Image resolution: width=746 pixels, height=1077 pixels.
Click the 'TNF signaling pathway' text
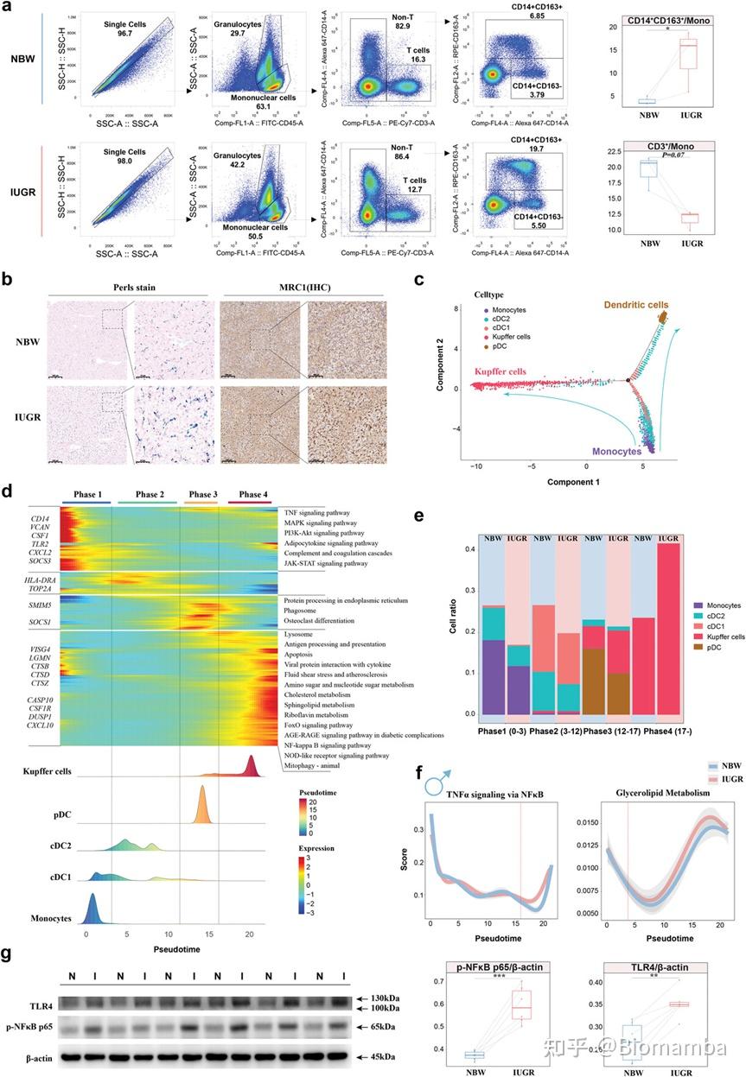point(320,512)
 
